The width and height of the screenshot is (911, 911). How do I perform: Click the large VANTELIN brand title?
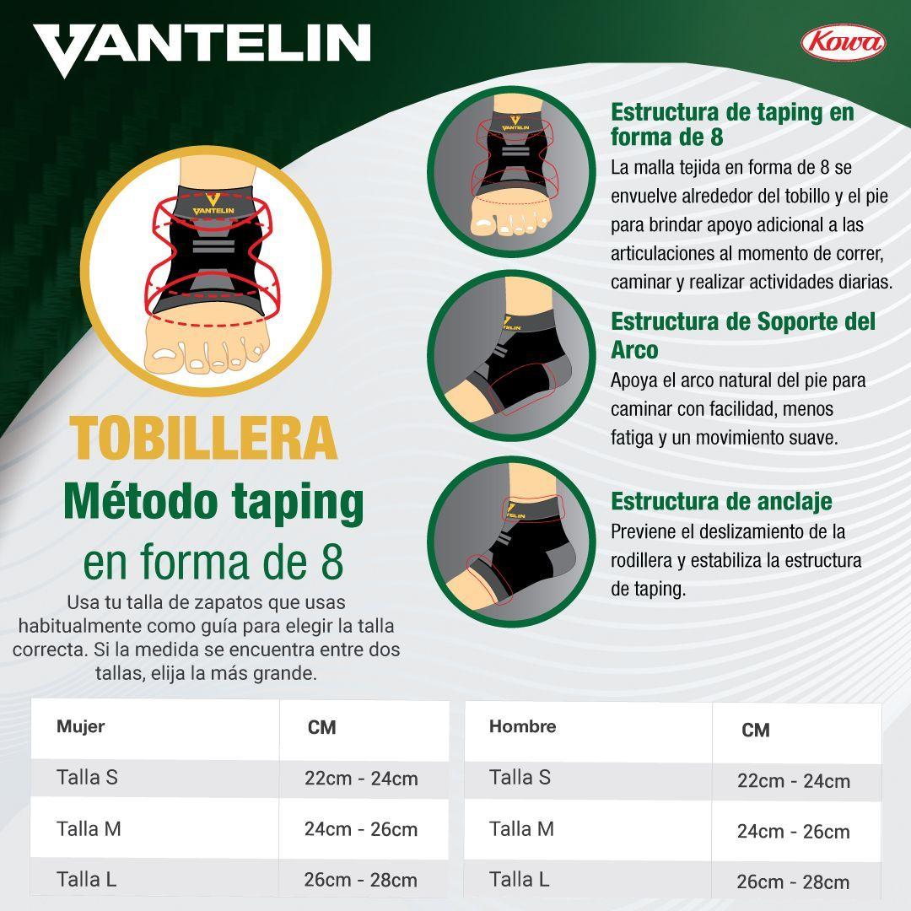click(202, 49)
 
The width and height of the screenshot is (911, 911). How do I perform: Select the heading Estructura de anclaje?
click(721, 501)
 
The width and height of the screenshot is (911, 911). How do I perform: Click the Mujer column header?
click(80, 726)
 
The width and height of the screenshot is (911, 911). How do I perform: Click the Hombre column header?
click(522, 726)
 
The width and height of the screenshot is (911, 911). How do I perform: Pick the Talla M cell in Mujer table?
click(89, 828)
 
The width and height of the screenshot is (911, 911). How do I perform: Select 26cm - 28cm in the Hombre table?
click(793, 882)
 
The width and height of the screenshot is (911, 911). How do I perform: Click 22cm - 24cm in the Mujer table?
click(361, 779)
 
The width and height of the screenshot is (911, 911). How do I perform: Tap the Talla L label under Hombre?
click(519, 879)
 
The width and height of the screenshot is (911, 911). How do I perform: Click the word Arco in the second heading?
click(633, 350)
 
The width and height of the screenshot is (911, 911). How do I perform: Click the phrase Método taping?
click(213, 503)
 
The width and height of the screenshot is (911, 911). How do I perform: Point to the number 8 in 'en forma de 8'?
click(332, 563)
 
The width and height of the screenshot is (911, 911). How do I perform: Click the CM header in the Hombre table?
click(756, 730)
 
